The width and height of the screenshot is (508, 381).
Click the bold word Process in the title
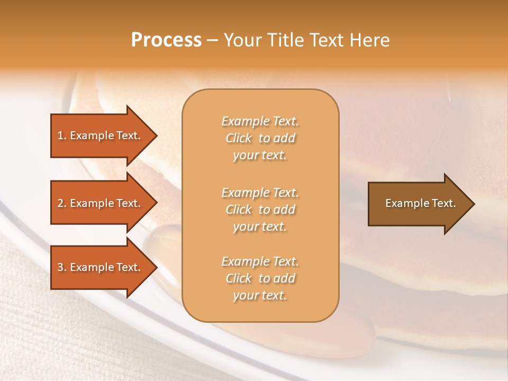[x=166, y=40]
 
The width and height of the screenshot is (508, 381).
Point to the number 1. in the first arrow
[x=61, y=135]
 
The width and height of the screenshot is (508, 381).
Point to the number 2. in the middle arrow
[x=61, y=203]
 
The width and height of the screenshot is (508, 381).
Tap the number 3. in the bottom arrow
[x=61, y=267]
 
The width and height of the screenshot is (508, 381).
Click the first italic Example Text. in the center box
[x=260, y=121]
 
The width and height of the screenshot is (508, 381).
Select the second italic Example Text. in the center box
[x=260, y=192]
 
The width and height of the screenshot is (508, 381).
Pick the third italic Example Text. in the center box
[x=260, y=261]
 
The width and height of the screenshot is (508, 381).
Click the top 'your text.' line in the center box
[x=260, y=156]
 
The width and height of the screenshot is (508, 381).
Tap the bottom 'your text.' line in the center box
[x=260, y=296]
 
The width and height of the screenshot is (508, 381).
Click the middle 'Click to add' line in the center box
[x=260, y=210]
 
